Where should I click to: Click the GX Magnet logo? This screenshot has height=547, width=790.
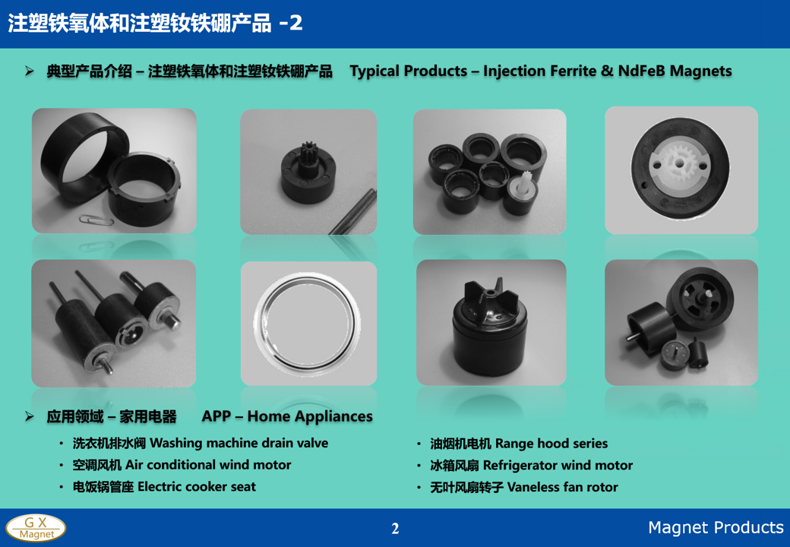click(x=36, y=528)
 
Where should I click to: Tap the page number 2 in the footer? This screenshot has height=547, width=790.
click(x=395, y=528)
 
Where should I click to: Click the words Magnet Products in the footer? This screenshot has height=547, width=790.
click(x=716, y=526)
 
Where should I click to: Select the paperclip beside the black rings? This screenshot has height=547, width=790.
click(x=96, y=220)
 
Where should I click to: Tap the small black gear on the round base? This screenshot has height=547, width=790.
click(x=305, y=151)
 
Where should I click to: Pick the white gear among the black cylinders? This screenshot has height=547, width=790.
click(x=524, y=186)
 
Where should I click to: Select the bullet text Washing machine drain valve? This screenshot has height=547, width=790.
click(x=239, y=443)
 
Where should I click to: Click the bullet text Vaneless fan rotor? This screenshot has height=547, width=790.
click(x=562, y=487)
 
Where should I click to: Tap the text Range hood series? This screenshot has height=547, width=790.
click(x=551, y=444)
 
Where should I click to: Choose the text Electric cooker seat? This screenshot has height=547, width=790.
click(x=197, y=486)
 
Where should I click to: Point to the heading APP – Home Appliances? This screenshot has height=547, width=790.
click(x=287, y=416)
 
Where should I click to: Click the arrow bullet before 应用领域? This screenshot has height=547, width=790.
click(x=30, y=416)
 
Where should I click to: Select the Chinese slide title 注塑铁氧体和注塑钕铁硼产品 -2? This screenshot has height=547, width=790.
click(x=155, y=23)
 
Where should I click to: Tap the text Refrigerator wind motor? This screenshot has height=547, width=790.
click(x=558, y=466)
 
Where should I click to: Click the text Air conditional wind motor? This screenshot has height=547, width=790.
click(x=208, y=465)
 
